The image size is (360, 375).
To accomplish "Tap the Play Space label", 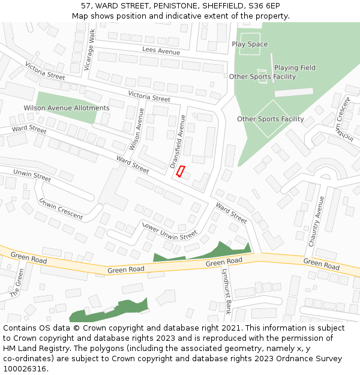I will (250, 44).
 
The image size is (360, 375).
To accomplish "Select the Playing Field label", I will (295, 68).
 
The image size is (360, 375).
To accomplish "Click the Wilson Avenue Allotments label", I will (67, 108).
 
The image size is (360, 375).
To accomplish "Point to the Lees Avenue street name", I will (161, 52).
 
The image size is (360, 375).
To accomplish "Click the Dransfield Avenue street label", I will (178, 141).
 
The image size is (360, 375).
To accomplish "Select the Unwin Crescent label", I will (61, 208).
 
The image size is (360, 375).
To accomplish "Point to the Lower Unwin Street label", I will (169, 230).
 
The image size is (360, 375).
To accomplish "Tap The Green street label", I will (16, 283).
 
